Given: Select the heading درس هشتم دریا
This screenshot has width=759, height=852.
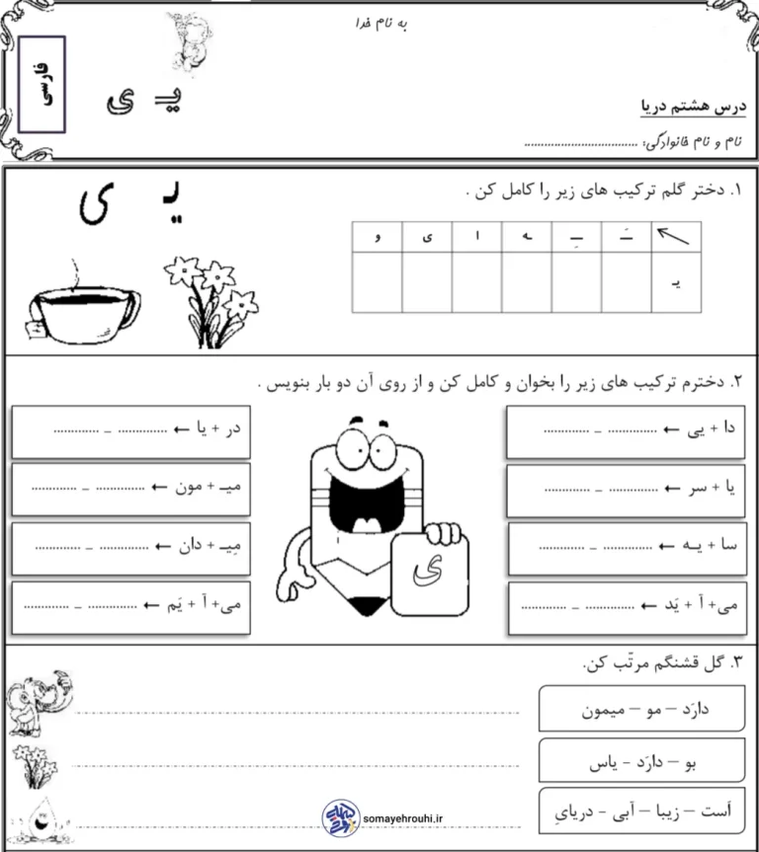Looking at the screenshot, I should (693, 107).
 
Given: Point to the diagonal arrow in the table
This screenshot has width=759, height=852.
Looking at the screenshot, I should (675, 237).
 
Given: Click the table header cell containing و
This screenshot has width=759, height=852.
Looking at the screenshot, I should (378, 237).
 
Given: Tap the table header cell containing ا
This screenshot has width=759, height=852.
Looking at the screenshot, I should (476, 237).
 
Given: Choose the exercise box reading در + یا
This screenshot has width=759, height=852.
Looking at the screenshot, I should (132, 430).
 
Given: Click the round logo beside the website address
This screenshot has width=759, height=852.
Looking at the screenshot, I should (338, 816).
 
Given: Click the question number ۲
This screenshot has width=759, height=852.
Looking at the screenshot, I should (737, 380).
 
